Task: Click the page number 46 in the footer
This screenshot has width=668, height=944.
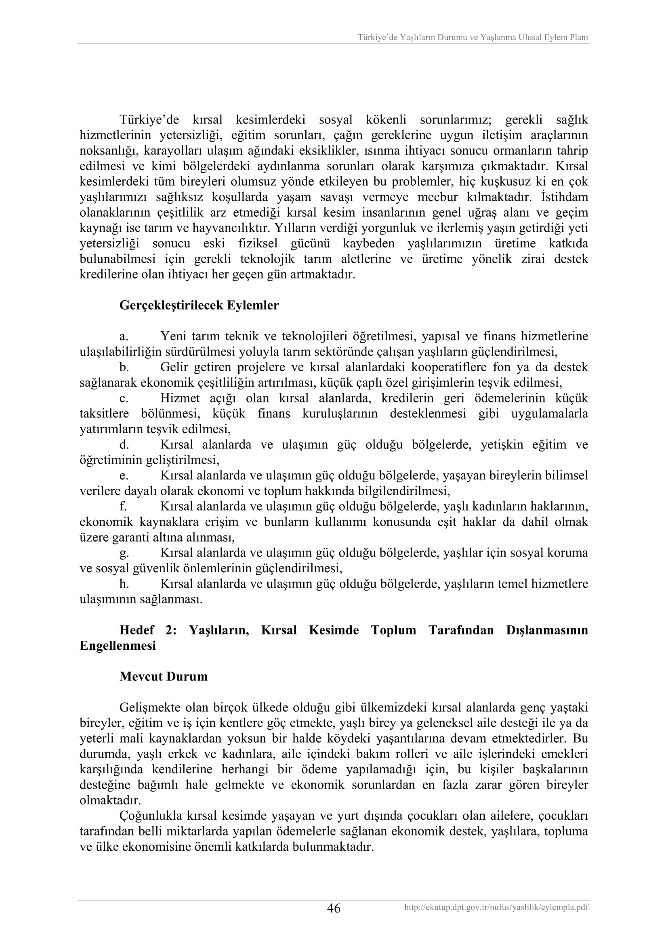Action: coord(334,908)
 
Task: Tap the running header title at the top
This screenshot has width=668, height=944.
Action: coord(473,38)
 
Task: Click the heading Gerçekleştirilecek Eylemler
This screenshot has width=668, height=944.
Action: coord(199,306)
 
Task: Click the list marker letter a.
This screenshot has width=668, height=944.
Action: coord(124,337)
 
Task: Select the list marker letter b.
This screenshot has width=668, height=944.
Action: coord(124,367)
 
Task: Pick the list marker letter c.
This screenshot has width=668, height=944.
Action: coord(124,398)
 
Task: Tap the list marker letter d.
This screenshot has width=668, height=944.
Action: coord(124,445)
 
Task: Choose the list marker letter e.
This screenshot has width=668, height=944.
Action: coord(124,476)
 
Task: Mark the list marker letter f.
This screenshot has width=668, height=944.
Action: coord(123,506)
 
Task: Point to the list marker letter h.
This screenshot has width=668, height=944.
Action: coord(124,584)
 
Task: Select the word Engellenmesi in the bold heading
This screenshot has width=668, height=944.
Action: coord(118,645)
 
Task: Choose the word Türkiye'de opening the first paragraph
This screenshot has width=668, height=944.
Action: coord(149,120)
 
